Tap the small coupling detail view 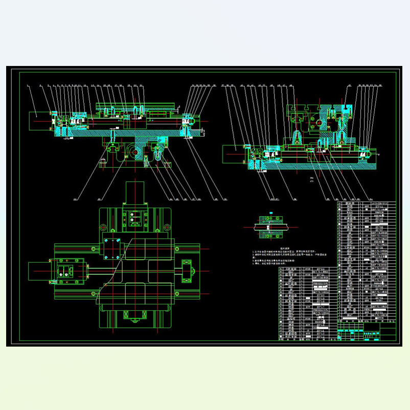(x=270, y=227)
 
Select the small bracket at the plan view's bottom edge (x=135, y=321)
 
